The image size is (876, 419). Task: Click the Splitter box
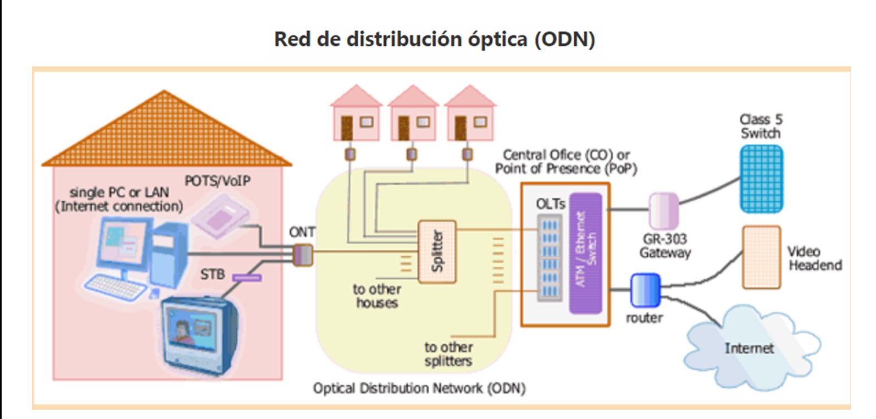[x=437, y=252]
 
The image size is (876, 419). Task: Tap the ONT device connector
[x=302, y=255]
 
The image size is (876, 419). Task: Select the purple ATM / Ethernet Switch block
[x=585, y=253]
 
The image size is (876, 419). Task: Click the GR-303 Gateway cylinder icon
[x=663, y=211]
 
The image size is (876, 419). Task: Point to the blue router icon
[x=645, y=290]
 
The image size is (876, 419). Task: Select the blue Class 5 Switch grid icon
[x=761, y=179]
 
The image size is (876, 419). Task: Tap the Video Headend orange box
[x=761, y=257]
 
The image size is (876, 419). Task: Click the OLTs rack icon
[x=550, y=257]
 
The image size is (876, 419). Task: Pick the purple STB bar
[x=247, y=278]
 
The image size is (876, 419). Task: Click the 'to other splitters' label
[x=448, y=354]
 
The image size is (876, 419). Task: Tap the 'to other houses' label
[x=376, y=296]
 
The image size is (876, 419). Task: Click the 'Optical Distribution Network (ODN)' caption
[x=419, y=388]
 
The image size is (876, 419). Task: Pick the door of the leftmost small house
[x=347, y=127]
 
